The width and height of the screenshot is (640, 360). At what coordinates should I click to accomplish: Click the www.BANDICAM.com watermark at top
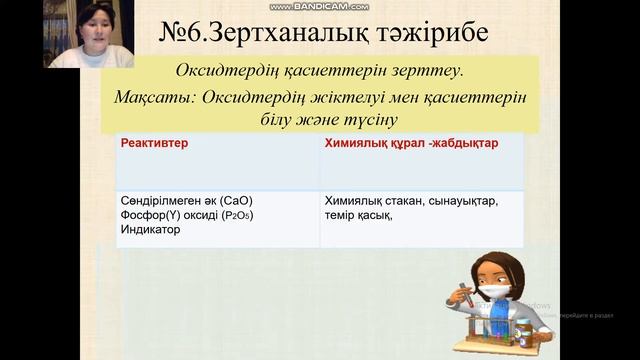pos(319,6)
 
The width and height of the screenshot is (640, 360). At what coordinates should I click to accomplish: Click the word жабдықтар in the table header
pos(463,144)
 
